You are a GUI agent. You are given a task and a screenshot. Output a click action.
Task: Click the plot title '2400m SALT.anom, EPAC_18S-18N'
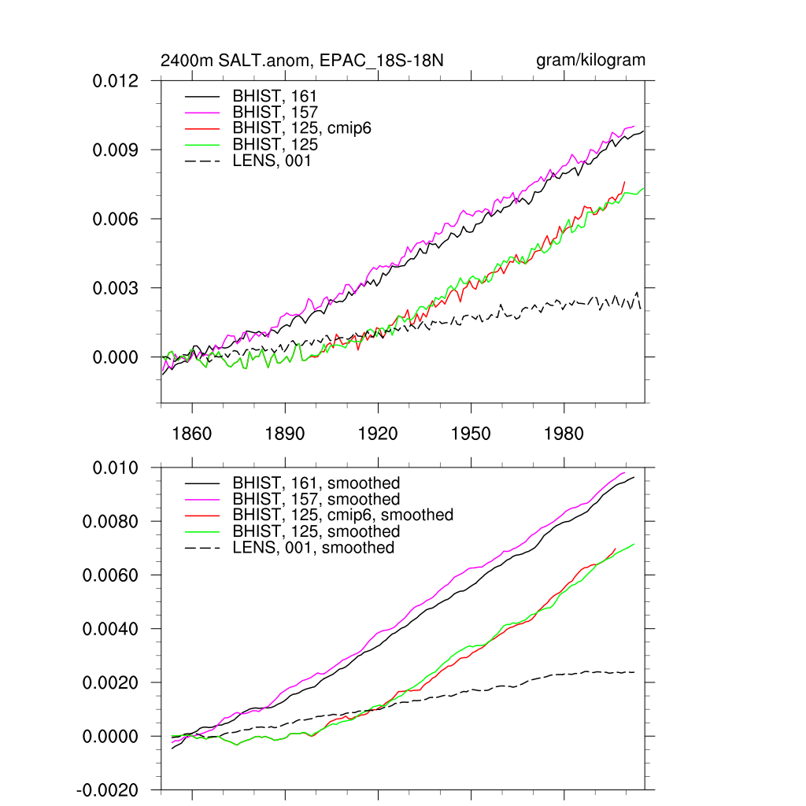[x=302, y=61]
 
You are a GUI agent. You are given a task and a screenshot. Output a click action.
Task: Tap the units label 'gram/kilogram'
[x=590, y=61]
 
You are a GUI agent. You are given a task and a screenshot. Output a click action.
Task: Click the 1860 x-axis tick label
[x=192, y=434]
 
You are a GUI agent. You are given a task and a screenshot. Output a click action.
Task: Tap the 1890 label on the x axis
[x=285, y=434]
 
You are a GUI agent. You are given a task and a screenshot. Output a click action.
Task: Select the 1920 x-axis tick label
[x=378, y=434]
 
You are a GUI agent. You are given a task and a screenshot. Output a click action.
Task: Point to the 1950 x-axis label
[x=471, y=434]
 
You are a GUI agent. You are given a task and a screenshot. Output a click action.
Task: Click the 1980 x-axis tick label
[x=564, y=434]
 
